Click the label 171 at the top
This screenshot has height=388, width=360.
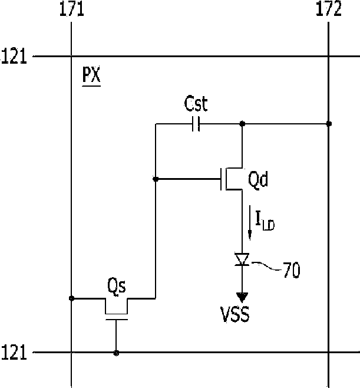(x=72, y=9)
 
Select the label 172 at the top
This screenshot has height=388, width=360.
(x=329, y=9)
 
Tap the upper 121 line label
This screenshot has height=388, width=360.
(x=14, y=56)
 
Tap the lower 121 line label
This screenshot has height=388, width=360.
(x=14, y=352)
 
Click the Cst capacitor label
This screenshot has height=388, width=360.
(x=196, y=103)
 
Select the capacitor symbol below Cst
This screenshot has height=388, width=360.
(x=196, y=124)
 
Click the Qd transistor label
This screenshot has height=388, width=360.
(x=258, y=179)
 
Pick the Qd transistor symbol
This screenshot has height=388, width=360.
(x=231, y=179)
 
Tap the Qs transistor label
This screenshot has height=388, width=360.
(x=117, y=286)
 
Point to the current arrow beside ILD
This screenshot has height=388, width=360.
(x=250, y=223)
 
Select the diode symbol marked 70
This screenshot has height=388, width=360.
(x=242, y=259)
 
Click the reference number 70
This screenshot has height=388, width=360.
(x=292, y=270)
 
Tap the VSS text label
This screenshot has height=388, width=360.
(x=235, y=314)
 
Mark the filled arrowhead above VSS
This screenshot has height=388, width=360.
(x=242, y=297)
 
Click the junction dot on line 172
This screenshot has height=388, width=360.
(x=329, y=124)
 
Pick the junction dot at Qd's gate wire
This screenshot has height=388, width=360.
(x=156, y=179)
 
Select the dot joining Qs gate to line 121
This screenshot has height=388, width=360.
(x=116, y=353)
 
